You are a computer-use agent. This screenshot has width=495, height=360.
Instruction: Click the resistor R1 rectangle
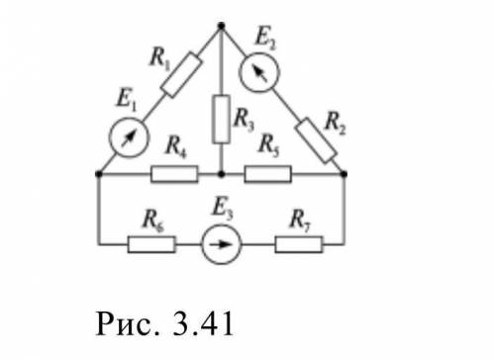[x=181, y=75]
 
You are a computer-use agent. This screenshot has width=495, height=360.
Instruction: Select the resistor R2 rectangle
[x=316, y=140]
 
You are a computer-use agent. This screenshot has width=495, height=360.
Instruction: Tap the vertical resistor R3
[x=221, y=119]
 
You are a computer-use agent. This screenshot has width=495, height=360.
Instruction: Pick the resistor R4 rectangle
[x=174, y=174]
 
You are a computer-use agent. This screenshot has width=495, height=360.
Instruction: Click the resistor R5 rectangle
[x=268, y=174]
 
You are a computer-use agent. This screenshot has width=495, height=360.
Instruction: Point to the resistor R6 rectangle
[x=151, y=244]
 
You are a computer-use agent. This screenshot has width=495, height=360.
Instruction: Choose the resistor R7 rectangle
[x=299, y=244]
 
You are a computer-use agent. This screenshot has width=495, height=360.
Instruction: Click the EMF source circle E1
[x=129, y=137]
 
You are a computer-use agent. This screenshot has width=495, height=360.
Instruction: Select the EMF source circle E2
[x=259, y=72]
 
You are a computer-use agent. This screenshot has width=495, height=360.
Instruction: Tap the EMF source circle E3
[x=221, y=244]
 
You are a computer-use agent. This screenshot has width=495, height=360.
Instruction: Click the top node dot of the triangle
[x=222, y=26]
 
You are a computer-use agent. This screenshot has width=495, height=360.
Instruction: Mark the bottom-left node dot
[x=98, y=174]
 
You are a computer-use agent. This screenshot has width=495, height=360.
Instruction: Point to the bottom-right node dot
[x=344, y=174]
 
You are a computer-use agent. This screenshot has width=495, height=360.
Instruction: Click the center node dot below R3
[x=222, y=174]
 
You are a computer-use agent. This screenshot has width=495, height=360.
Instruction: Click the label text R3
[x=244, y=120]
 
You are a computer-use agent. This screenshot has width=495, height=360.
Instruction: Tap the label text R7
[x=300, y=221]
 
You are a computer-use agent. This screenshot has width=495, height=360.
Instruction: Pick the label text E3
[x=223, y=210]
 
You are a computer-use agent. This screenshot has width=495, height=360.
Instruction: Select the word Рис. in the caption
[x=128, y=323]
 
